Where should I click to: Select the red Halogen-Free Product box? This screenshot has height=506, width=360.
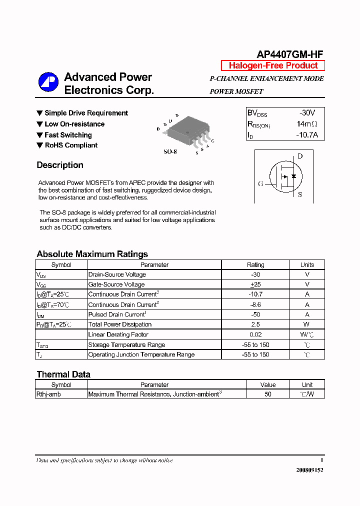(x=273, y=65)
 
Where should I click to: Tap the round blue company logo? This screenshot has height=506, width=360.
(x=48, y=82)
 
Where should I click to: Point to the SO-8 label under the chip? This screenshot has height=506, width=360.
(x=170, y=151)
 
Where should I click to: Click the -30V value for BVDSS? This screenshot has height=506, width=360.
(x=307, y=113)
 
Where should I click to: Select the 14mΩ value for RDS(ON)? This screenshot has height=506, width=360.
(x=307, y=124)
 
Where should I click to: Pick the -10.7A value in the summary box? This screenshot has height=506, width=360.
(x=307, y=135)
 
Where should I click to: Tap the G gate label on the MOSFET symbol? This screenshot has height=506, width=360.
(x=260, y=183)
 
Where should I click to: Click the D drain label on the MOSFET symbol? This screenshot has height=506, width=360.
(x=300, y=156)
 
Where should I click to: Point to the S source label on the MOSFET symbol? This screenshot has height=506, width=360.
(x=300, y=194)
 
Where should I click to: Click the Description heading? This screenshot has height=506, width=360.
(x=60, y=165)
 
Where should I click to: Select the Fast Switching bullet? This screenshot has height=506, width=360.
(x=68, y=135)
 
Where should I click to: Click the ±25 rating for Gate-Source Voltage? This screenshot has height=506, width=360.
(x=255, y=284)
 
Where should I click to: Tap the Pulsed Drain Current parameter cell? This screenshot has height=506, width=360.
(x=116, y=314)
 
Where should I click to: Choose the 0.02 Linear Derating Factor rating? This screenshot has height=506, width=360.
(x=255, y=334)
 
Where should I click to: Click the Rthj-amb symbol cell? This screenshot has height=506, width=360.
(x=48, y=394)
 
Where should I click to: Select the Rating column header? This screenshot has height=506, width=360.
(x=255, y=264)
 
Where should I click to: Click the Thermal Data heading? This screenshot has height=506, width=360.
(x=63, y=374)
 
